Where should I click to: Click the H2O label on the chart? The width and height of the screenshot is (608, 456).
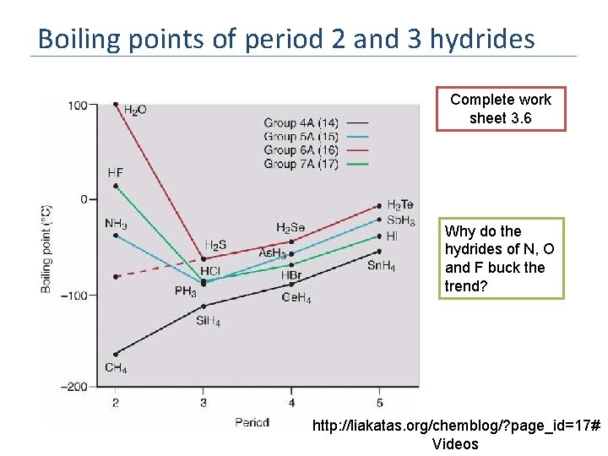134,110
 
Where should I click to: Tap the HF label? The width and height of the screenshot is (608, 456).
116,172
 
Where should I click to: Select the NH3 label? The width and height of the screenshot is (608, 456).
117,224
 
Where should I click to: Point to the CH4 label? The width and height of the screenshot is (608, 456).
116,367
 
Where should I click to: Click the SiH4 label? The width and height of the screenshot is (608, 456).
208,320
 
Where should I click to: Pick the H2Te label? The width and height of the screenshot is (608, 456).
400,205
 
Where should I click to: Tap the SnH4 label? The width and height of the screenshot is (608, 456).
381,266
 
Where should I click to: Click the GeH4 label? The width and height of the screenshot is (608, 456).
296,299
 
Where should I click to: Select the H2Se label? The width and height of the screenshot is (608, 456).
291,228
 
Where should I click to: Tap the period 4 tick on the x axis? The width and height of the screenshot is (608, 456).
291,403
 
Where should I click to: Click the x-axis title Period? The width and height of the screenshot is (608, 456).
252,422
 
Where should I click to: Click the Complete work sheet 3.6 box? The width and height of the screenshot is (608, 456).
501,109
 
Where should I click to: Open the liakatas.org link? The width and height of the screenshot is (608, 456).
455,426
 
